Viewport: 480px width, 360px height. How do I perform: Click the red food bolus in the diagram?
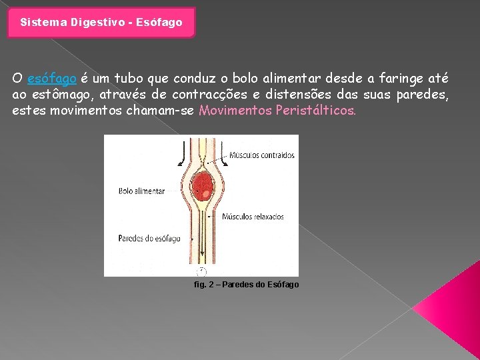click(202, 186)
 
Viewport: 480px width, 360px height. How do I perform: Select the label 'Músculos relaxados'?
click(253, 217)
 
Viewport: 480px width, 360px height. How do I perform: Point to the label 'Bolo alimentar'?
click(141, 191)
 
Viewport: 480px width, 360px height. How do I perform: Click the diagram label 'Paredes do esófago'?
click(149, 238)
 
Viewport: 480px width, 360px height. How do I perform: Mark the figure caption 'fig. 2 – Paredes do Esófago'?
click(246, 285)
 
